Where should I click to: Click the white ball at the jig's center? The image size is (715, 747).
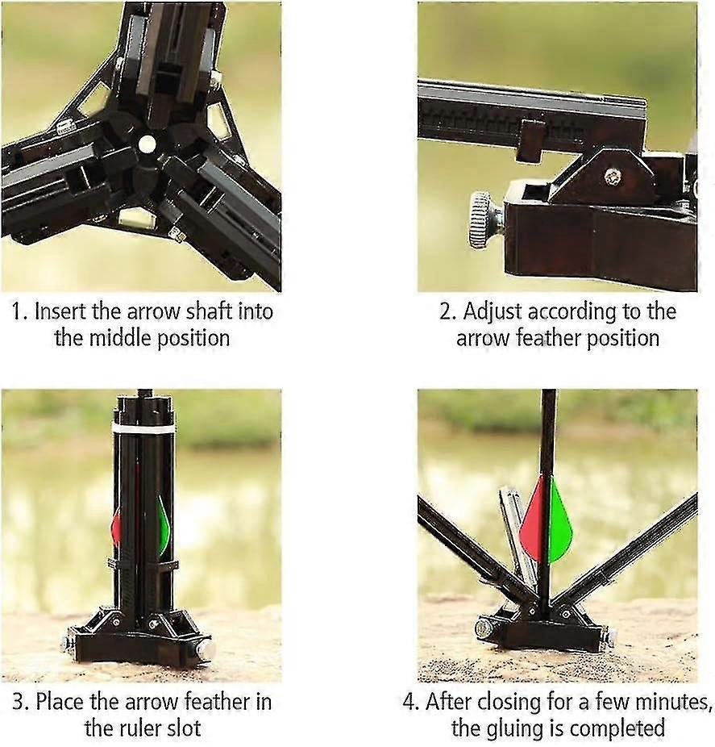coord(147,144)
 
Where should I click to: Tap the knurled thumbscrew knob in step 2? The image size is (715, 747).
coord(481,219)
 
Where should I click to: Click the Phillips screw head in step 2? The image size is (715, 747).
coord(613,177)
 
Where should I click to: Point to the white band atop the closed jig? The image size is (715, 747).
coord(143,428)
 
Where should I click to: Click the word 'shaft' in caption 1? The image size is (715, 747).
coord(210,311)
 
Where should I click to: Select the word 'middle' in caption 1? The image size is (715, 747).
coord(120,338)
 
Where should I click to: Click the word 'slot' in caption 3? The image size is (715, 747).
coord(187,728)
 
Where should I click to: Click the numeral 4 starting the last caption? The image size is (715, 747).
coord(409,702)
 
